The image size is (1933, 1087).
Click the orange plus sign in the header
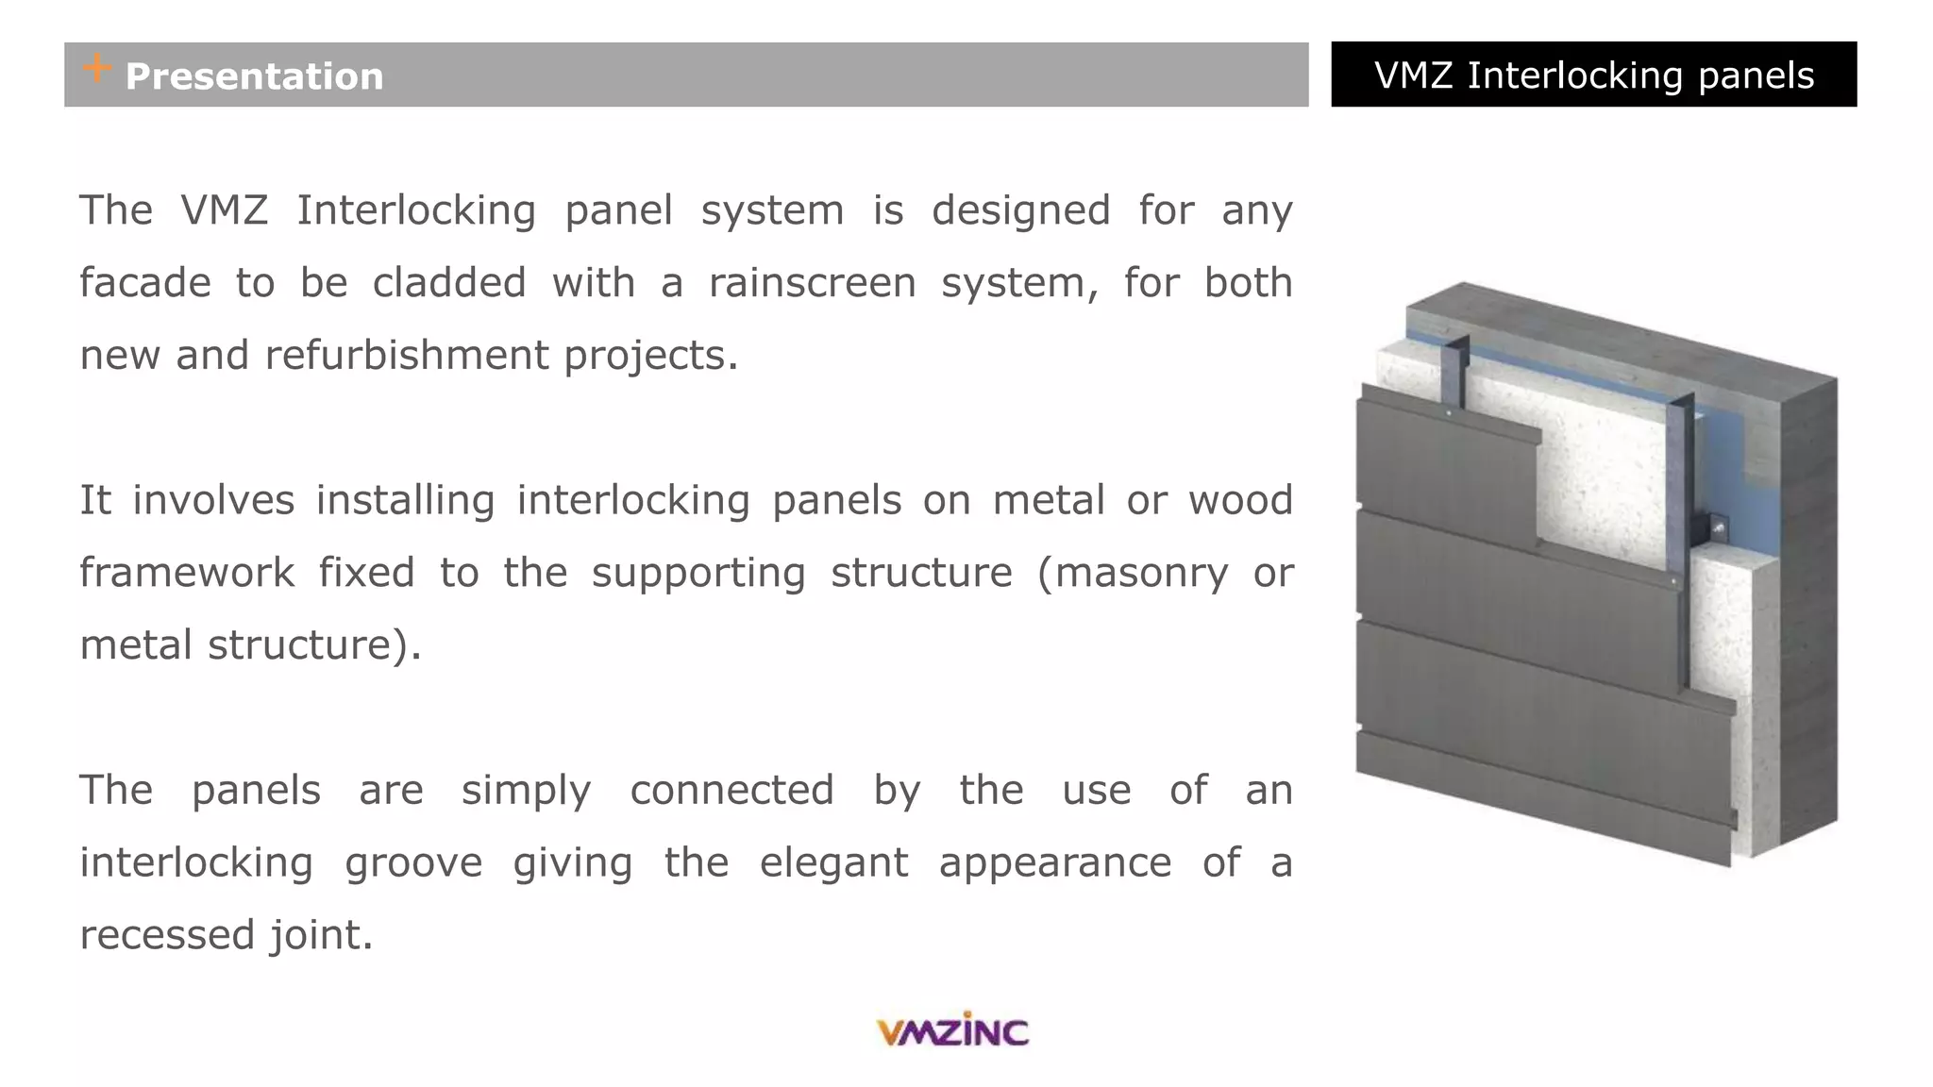tap(96, 68)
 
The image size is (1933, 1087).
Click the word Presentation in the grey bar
tap(254, 76)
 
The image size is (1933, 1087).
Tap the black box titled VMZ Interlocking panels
tap(1593, 75)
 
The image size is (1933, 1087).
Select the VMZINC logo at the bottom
tap(952, 1030)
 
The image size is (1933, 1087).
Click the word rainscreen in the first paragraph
tap(812, 283)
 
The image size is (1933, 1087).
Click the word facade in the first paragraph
tap(144, 283)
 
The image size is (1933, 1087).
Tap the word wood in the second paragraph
tap(1240, 500)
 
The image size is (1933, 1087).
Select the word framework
tap(187, 573)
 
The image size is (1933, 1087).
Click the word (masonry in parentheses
tap(1133, 573)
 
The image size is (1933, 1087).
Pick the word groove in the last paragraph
tap(412, 862)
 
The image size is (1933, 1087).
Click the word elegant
tap(833, 862)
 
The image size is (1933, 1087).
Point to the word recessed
tap(167, 935)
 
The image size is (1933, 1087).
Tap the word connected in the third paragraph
tap(731, 790)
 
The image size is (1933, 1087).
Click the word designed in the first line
tap(1020, 210)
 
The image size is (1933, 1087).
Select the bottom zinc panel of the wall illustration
tap(1538, 802)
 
